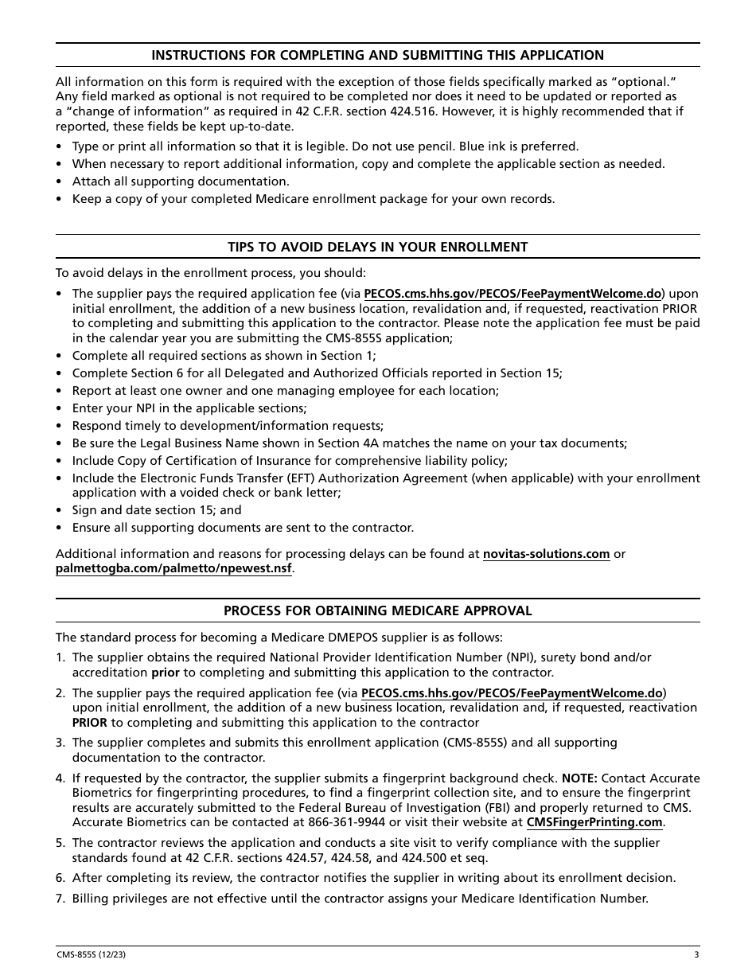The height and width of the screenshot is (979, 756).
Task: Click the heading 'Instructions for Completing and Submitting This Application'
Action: (377, 55)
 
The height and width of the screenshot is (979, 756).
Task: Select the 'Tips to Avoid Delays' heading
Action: (377, 247)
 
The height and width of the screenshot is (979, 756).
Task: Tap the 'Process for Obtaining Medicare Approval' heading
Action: (377, 610)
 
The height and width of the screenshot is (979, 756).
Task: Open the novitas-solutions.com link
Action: (546, 554)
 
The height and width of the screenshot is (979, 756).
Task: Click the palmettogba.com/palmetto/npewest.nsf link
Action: (173, 568)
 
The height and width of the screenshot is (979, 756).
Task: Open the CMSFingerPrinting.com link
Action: (594, 822)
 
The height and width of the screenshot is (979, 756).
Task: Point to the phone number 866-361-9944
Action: (433, 822)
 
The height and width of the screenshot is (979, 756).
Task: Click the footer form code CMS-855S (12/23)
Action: (90, 955)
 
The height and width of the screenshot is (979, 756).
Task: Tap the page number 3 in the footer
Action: (696, 955)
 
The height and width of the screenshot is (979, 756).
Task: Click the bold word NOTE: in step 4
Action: (579, 778)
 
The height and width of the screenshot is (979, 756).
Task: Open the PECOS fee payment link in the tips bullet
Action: (512, 293)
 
